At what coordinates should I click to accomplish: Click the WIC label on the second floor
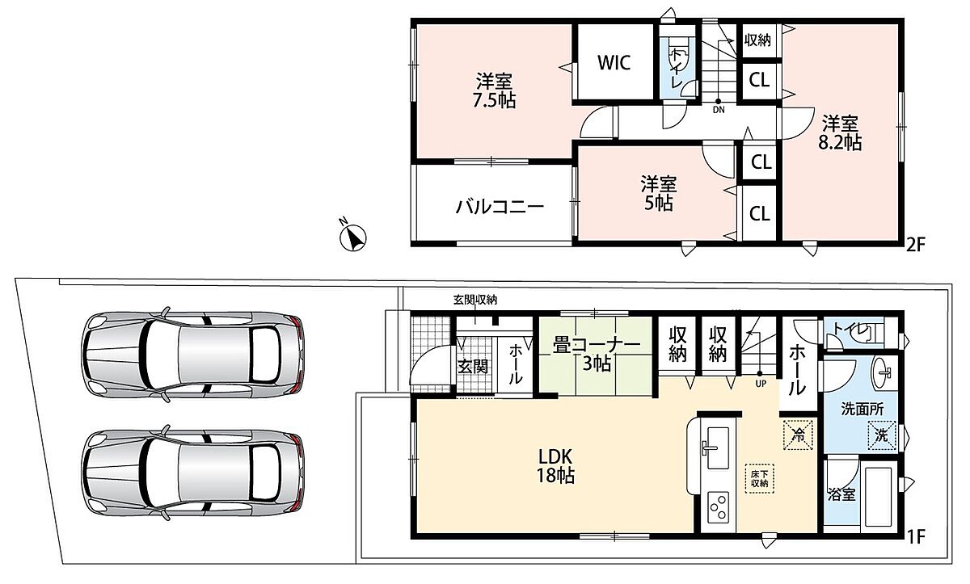614,63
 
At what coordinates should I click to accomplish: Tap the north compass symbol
353,236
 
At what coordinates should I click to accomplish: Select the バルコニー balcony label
500,208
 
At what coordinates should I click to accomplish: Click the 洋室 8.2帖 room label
840,132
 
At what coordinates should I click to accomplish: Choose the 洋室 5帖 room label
659,194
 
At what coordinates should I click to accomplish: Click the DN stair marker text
719,110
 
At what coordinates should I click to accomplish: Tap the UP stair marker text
761,384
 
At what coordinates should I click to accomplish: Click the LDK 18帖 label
555,466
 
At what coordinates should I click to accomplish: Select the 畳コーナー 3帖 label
597,355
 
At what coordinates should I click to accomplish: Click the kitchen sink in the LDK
717,447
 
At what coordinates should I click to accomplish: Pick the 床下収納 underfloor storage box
760,479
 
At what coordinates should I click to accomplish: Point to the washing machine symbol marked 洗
881,435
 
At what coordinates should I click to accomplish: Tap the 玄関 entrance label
473,367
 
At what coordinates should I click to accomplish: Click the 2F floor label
915,246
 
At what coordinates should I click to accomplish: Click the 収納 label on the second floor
758,40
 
